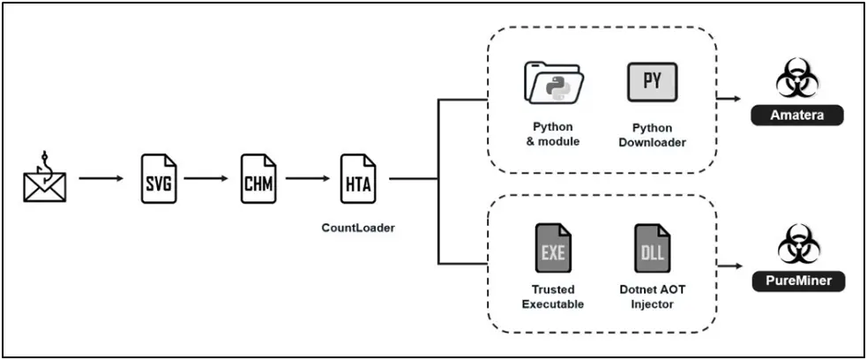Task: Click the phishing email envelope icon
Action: tap(45, 178)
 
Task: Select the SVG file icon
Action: tap(159, 178)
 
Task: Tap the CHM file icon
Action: tap(258, 178)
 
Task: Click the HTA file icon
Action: tap(358, 178)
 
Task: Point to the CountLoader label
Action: tap(358, 228)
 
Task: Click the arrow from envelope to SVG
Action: tap(101, 178)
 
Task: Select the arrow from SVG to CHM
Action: tap(206, 178)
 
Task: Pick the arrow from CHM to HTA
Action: tap(307, 178)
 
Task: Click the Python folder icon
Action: tap(554, 84)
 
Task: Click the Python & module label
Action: tap(556, 134)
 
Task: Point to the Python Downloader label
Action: tap(653, 134)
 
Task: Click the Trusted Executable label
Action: tap(553, 296)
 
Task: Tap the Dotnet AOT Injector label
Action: tap(653, 296)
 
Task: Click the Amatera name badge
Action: tap(797, 116)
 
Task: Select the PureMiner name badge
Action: tap(797, 281)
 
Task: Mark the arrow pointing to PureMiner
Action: tap(729, 265)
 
